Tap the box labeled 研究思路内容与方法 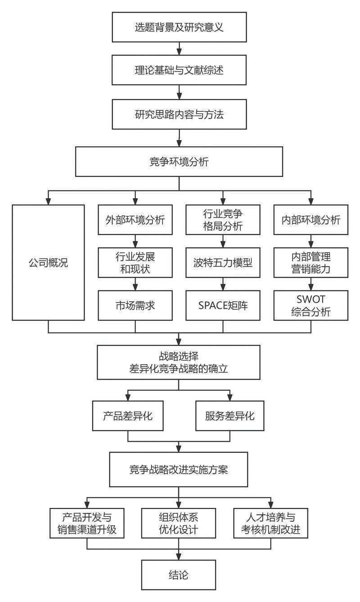[179, 114]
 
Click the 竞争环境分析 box [179, 162]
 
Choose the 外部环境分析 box [135, 220]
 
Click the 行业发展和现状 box [135, 262]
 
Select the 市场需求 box [135, 305]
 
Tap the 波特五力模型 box [223, 262]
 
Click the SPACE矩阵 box [223, 305]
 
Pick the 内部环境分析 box [310, 220]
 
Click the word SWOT [310, 299]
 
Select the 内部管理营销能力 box [310, 262]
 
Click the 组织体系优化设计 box [179, 523]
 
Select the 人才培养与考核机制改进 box [271, 523]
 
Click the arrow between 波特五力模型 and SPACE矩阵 [223, 284]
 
